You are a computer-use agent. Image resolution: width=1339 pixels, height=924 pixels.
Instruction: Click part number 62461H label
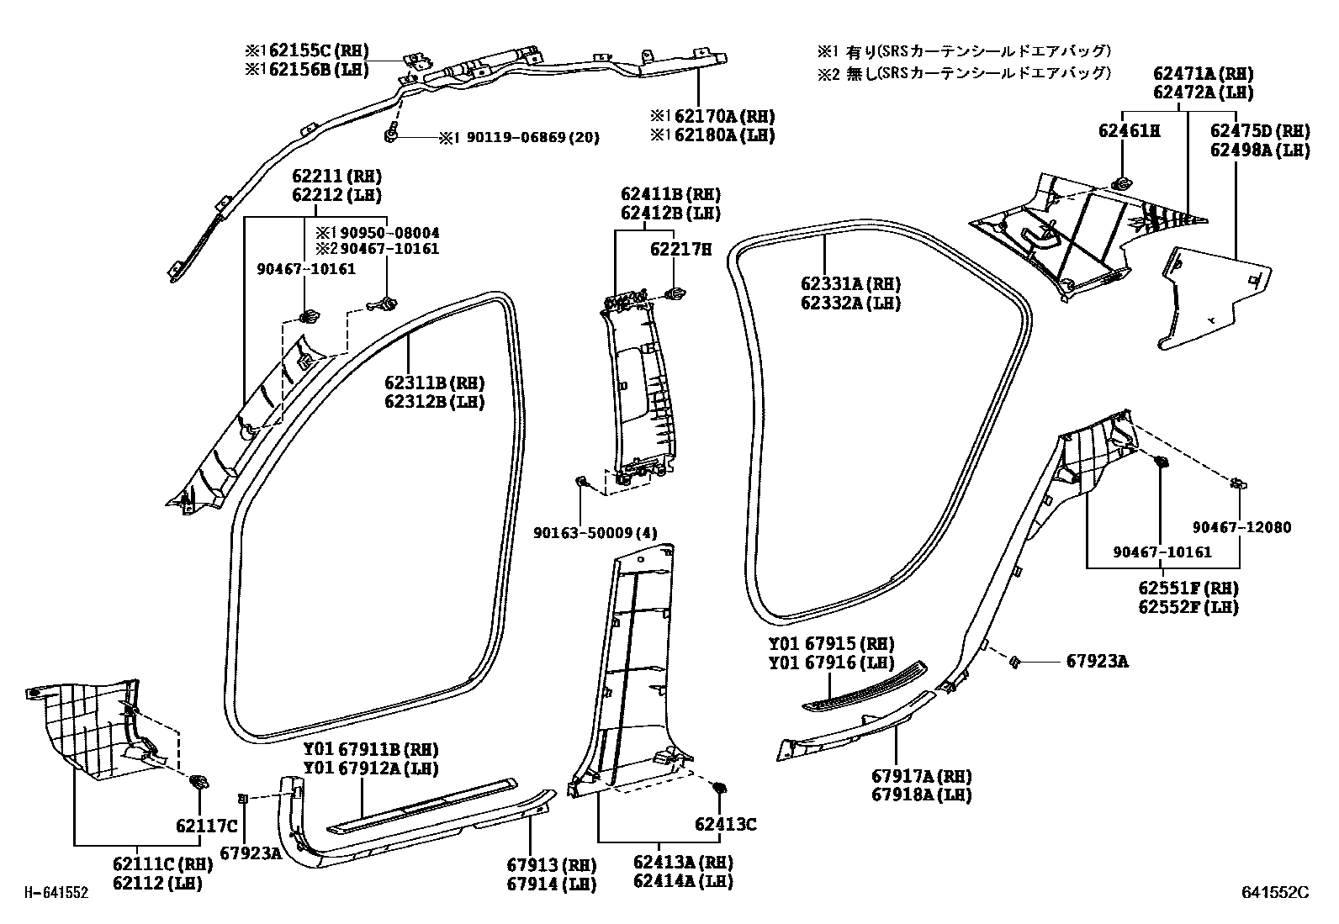tap(1129, 131)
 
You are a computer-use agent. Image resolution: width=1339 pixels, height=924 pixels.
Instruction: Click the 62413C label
tap(725, 826)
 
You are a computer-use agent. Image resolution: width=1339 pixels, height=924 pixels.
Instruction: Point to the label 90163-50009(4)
tap(595, 532)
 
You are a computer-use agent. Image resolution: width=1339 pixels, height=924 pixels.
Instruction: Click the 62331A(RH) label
tap(850, 284)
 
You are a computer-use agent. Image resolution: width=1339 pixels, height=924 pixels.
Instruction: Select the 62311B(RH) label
tap(435, 383)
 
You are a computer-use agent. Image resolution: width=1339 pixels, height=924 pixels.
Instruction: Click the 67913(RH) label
tap(551, 865)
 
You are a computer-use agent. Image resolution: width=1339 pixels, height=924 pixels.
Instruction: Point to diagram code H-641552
tap(55, 893)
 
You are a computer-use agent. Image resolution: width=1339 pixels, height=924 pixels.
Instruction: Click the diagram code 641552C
tap(1276, 893)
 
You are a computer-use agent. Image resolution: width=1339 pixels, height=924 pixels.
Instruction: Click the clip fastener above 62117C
tap(200, 783)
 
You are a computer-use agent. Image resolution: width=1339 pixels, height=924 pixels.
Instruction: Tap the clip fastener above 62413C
tap(719, 789)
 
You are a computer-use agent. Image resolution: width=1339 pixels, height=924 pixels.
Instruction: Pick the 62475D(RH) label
tap(1260, 131)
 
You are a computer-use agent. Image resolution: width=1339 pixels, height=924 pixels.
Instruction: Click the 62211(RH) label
tap(336, 177)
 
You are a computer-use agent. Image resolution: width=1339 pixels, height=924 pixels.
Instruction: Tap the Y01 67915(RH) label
tap(823, 644)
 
